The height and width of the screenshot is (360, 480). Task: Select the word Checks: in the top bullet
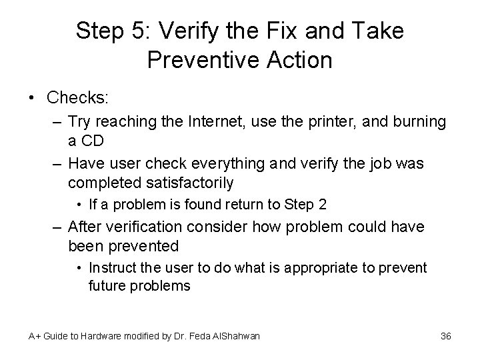[78, 98]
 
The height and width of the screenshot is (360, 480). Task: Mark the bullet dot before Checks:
[33, 98]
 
